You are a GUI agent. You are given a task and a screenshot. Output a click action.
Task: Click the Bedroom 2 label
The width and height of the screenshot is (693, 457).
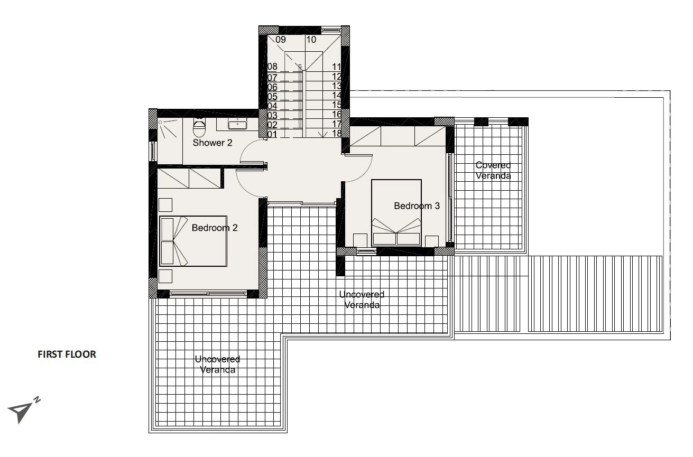point(215,228)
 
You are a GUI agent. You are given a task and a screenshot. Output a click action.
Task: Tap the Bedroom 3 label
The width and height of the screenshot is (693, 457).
point(417,206)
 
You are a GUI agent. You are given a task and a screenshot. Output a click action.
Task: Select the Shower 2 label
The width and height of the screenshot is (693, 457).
point(212,143)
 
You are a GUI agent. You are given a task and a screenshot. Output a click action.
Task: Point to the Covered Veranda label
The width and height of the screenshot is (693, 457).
point(493,170)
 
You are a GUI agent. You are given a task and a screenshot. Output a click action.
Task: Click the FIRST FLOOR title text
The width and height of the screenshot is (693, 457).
point(67,355)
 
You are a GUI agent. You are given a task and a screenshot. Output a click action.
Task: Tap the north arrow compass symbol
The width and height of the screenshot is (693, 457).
point(23,410)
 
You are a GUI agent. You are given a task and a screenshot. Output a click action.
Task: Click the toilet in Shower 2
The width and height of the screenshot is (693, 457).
point(199,127)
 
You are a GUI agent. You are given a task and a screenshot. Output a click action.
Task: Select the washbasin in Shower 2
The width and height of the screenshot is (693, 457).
point(237,124)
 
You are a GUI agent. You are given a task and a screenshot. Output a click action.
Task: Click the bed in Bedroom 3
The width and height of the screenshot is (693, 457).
point(396,213)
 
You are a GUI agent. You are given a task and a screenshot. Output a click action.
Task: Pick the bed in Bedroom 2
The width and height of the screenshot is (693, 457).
point(193,241)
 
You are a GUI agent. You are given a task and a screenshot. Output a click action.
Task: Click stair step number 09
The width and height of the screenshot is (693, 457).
point(281,40)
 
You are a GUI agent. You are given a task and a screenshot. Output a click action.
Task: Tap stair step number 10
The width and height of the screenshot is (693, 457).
point(311,40)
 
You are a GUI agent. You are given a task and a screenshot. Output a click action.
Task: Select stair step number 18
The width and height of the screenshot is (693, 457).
point(337,134)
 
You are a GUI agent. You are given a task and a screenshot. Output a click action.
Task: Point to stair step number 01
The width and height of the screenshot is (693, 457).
point(272,135)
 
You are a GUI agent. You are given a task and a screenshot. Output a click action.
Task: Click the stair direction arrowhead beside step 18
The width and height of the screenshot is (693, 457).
point(322,135)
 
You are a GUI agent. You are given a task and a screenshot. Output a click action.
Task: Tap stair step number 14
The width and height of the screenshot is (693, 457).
point(337,96)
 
